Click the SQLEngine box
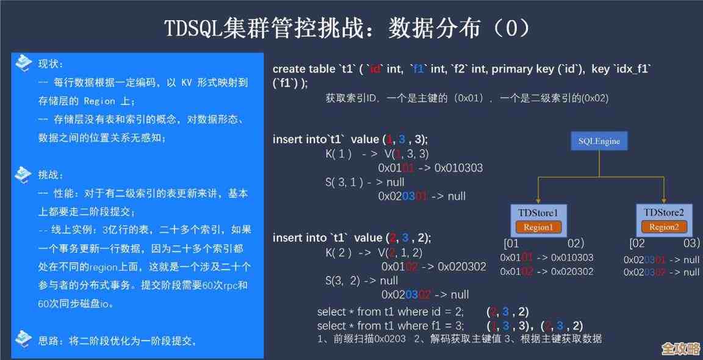[599, 141]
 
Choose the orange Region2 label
[663, 227]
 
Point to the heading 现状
[51, 63]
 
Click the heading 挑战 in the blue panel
[51, 175]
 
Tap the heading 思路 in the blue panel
[51, 340]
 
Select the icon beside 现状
[23, 62]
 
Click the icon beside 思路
[23, 337]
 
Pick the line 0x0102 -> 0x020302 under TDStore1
[546, 271]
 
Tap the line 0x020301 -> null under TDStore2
[662, 259]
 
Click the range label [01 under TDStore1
[511, 243]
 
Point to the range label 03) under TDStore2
[691, 243]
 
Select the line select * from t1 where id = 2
[391, 311]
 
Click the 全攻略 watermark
[680, 348]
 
